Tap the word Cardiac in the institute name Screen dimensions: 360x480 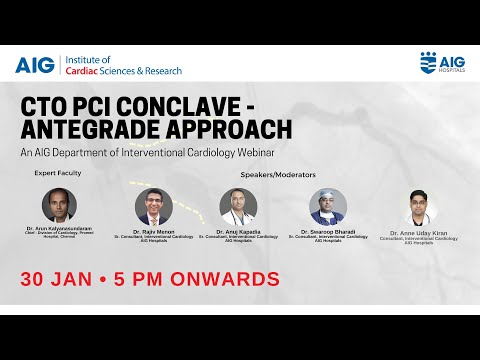(85, 71)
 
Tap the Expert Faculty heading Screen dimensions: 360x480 (57, 173)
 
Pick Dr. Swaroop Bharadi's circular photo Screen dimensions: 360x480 (327, 206)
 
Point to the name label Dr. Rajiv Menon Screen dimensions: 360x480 (153, 231)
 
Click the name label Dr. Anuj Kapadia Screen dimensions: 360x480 (238, 231)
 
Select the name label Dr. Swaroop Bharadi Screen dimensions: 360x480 (327, 231)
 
